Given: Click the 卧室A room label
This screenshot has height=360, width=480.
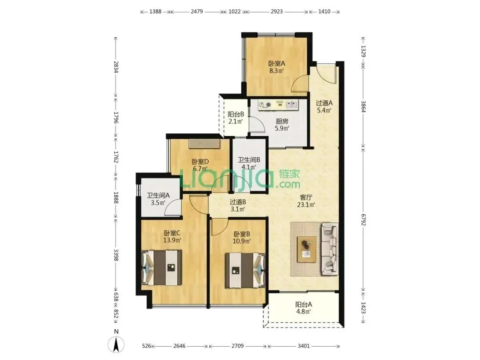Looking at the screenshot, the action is pyautogui.click(x=276, y=64).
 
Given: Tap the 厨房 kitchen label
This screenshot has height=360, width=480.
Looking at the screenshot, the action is pyautogui.click(x=282, y=121).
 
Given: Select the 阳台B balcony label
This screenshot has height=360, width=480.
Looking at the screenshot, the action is pyautogui.click(x=236, y=114).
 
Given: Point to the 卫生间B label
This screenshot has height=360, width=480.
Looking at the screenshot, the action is pyautogui.click(x=249, y=160).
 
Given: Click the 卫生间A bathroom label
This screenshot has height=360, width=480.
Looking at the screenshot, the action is pyautogui.click(x=158, y=195).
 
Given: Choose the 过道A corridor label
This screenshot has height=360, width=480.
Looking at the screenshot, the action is pyautogui.click(x=324, y=103).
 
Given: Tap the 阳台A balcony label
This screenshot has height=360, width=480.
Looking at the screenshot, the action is pyautogui.click(x=304, y=304).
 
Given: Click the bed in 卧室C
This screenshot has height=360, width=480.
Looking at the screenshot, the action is pyautogui.click(x=162, y=268).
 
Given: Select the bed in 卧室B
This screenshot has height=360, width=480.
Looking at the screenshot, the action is pyautogui.click(x=245, y=270).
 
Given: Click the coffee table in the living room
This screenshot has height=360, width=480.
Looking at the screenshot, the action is pyautogui.click(x=307, y=249).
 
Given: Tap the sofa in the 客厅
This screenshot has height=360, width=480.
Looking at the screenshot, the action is pyautogui.click(x=330, y=248).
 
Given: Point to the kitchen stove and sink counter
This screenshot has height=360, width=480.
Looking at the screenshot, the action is pyautogui.click(x=278, y=105).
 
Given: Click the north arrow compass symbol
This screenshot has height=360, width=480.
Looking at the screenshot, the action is pyautogui.click(x=116, y=344).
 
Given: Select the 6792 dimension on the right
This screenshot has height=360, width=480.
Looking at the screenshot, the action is pyautogui.click(x=364, y=219).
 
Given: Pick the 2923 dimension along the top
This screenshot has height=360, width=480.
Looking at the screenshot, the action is pyautogui.click(x=277, y=12).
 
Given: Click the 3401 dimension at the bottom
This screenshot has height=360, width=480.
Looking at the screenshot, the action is pyautogui.click(x=304, y=346).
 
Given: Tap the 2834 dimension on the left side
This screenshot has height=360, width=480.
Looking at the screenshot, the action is pyautogui.click(x=116, y=67).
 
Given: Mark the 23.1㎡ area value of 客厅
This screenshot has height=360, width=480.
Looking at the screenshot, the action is pyautogui.click(x=306, y=205).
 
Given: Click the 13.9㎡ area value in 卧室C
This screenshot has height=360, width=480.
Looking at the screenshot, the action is pyautogui.click(x=172, y=240).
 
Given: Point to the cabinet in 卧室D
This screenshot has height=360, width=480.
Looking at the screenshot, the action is pyautogui.click(x=204, y=144).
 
